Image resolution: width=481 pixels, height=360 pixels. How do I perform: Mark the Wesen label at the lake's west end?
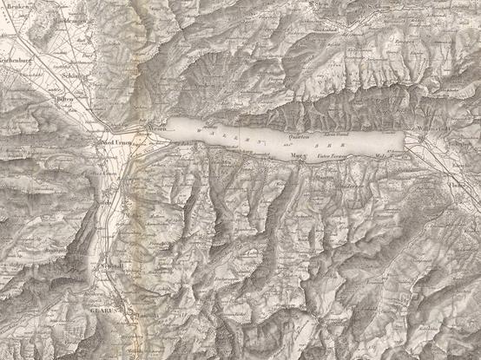click(x=156, y=128)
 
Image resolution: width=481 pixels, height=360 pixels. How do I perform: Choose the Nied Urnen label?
click(x=117, y=143)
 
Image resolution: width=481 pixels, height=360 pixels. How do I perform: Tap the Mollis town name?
click(x=133, y=215)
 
